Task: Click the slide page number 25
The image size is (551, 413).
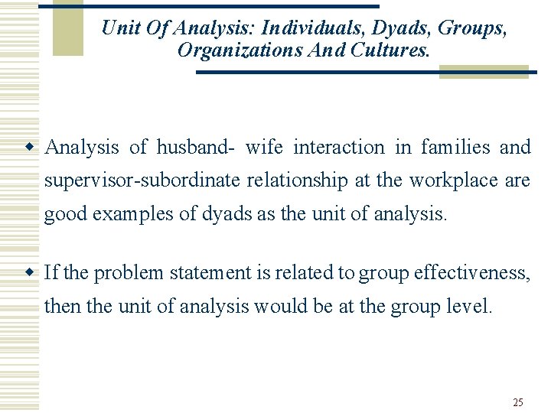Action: tap(518, 402)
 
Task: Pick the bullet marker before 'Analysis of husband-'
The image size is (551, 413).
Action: tap(28, 146)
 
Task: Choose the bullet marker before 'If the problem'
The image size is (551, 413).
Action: tap(28, 272)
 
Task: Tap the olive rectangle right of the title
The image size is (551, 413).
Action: tap(483, 71)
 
